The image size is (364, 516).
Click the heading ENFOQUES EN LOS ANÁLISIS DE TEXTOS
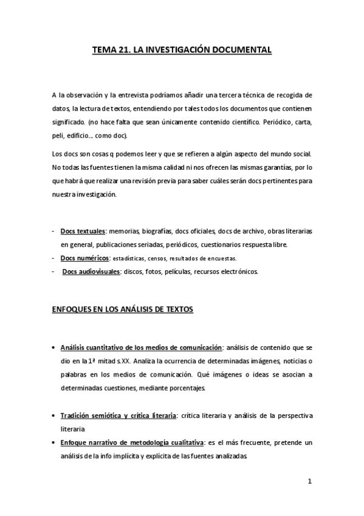click(122, 310)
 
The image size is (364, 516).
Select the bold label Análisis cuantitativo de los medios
click(141, 347)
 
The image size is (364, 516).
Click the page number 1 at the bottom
click(309, 482)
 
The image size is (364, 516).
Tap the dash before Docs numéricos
click(54, 258)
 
